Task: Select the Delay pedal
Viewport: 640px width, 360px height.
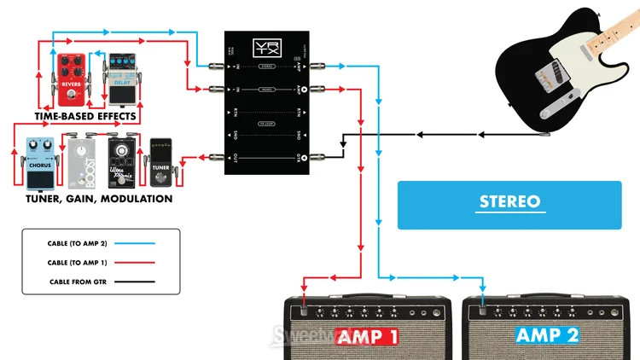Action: coord(119,74)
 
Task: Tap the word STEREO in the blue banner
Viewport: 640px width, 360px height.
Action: coord(509,202)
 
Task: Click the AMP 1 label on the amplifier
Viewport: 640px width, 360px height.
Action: coord(369,335)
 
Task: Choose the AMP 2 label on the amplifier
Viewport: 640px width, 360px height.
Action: coord(546,335)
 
